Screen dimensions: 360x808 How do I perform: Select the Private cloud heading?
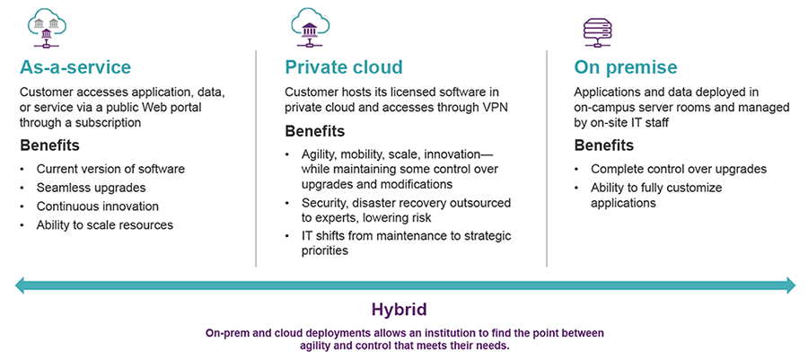pos(344,67)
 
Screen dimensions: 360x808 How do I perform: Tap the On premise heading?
pos(626,67)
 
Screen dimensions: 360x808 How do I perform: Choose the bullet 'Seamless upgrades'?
pos(90,188)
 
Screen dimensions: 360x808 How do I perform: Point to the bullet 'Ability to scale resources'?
pos(104,225)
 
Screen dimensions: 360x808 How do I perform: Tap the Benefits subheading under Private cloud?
pos(316,132)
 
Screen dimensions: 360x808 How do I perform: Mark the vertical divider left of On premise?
pos(547,157)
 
